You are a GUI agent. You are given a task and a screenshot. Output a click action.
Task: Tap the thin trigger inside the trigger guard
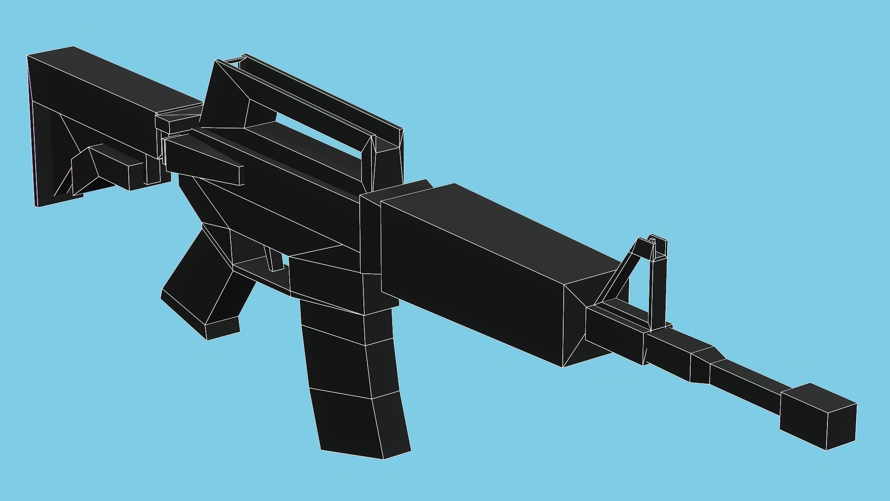tap(273, 258)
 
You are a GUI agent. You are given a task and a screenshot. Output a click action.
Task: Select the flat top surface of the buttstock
tap(116, 79)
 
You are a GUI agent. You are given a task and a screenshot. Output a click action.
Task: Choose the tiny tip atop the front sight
tap(652, 240)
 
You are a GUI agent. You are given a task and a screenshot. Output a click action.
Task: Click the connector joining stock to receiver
tap(178, 118)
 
